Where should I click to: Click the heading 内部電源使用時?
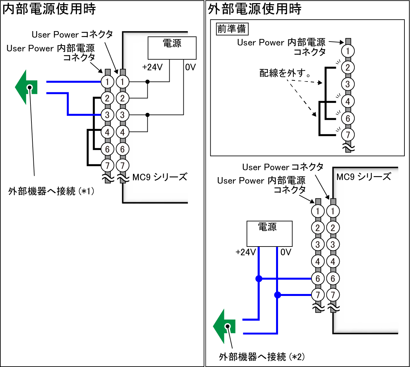pyautogui.click(x=49, y=9)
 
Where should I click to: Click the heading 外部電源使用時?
pyautogui.click(x=255, y=9)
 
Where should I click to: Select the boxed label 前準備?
pyautogui.click(x=232, y=29)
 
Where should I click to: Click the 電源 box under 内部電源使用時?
pyautogui.click(x=172, y=48)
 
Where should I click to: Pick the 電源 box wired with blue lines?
pyautogui.click(x=269, y=233)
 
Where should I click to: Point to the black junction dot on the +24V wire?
pyautogui.click(x=148, y=82)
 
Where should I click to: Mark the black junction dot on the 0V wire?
pyautogui.click(x=148, y=115)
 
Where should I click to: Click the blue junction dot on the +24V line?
pyautogui.click(x=259, y=279)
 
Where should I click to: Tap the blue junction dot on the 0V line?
pyautogui.click(x=277, y=295)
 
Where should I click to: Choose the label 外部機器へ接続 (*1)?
pyautogui.click(x=51, y=191)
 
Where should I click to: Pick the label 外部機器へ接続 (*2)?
pyautogui.click(x=262, y=357)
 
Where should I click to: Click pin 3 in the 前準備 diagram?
pyautogui.click(x=348, y=84)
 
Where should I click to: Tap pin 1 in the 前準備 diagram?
pyautogui.click(x=348, y=51)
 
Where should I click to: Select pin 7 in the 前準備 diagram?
pyautogui.click(x=348, y=135)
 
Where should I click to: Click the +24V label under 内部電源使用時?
pyautogui.click(x=153, y=67)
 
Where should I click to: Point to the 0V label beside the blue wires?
pyautogui.click(x=286, y=252)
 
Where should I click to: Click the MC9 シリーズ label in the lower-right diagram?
pyautogui.click(x=363, y=177)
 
